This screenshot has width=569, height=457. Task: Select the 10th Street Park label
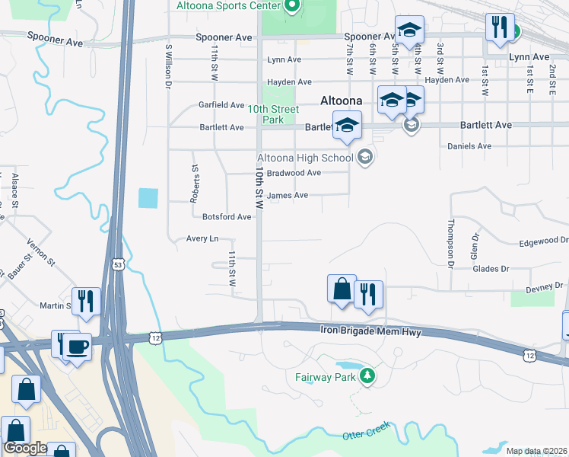[x=274, y=115]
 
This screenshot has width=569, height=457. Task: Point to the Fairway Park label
[x=326, y=376]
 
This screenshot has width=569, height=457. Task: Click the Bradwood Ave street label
[x=294, y=173]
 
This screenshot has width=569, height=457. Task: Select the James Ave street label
[x=290, y=196]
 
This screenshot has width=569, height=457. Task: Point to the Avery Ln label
[x=202, y=239]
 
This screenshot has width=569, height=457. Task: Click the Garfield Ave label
[x=221, y=105]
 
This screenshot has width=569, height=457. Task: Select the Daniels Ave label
[x=469, y=146]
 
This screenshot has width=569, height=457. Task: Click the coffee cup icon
[x=78, y=348]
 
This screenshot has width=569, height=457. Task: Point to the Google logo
[x=25, y=449]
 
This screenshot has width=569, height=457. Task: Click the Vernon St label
[x=41, y=251]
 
